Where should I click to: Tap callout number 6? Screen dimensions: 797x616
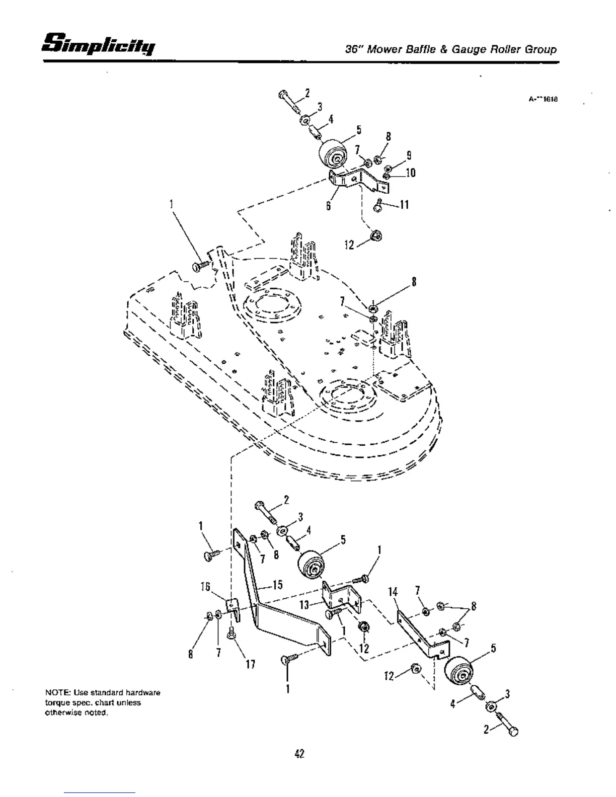[x=328, y=206]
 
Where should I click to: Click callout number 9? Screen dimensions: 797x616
[x=409, y=155]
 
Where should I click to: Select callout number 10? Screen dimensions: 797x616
[x=410, y=173]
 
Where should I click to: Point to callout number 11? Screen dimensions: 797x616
[x=403, y=205]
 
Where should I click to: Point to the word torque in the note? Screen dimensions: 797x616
[x=56, y=702]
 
